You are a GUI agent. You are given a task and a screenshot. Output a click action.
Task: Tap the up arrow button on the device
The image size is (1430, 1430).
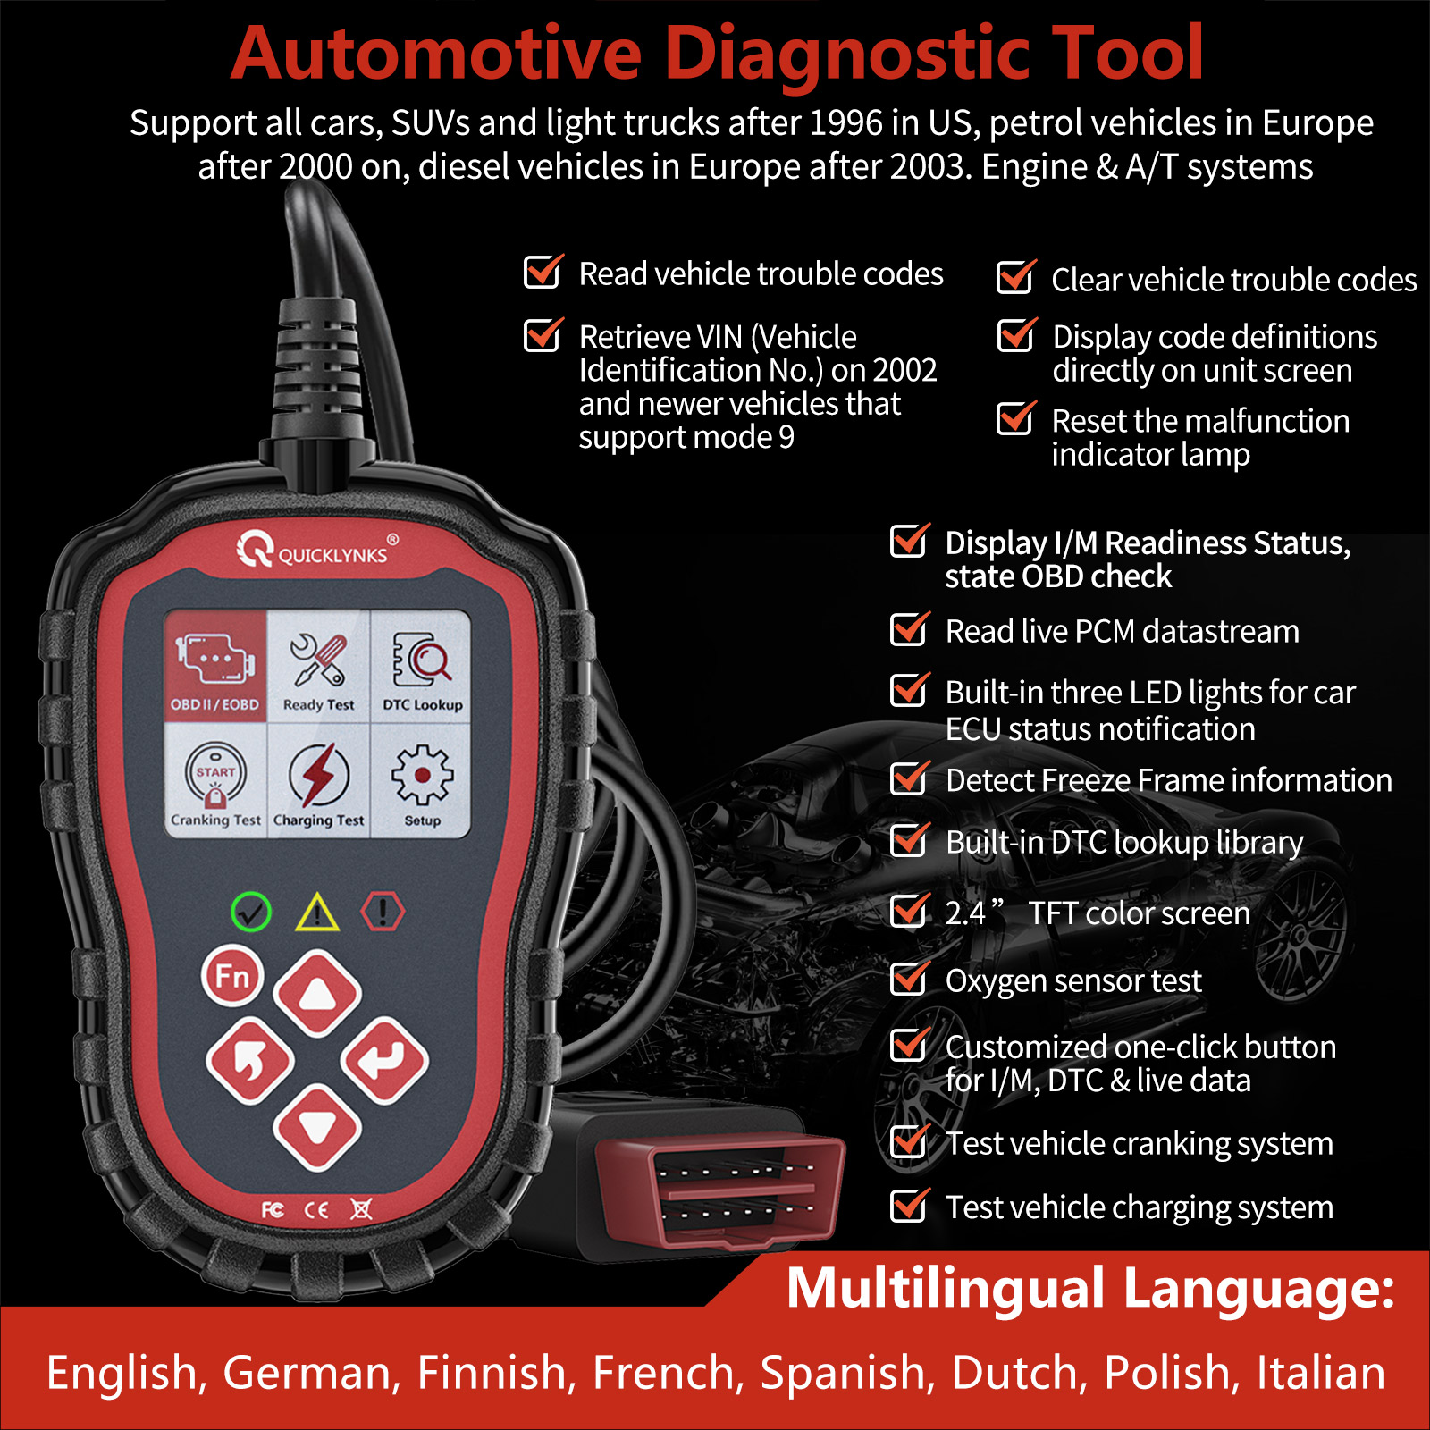317,993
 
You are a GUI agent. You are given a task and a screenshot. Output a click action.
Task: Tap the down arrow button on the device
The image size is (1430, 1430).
317,1127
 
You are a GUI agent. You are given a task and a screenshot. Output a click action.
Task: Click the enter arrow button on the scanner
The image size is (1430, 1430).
385,1060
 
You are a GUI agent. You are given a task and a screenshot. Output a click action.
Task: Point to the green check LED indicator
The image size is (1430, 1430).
251,913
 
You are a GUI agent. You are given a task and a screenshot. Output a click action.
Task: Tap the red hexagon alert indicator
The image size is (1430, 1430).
383,913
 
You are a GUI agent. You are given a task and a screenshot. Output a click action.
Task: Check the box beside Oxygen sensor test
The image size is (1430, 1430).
909,980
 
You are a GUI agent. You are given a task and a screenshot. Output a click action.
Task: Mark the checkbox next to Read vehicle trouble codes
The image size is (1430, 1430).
543,273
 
